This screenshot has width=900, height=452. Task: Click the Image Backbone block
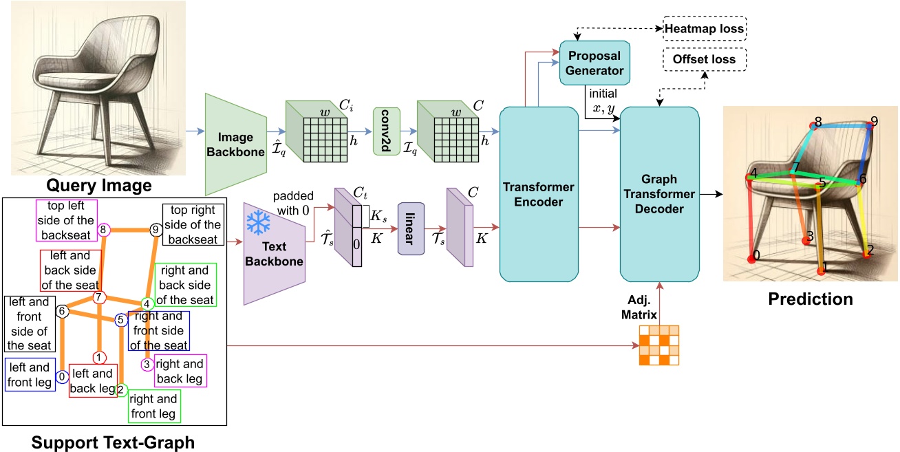(x=236, y=144)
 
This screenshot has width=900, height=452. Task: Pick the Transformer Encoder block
(x=533, y=194)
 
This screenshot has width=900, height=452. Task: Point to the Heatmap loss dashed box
(x=705, y=29)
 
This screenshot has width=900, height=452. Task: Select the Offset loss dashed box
(x=705, y=60)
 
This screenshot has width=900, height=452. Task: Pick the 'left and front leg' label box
(x=30, y=375)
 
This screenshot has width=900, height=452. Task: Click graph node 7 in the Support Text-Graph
(x=98, y=297)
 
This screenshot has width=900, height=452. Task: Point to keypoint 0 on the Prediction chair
(x=751, y=259)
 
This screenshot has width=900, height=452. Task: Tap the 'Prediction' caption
(x=811, y=299)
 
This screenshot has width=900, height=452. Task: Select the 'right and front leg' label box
(x=154, y=406)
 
